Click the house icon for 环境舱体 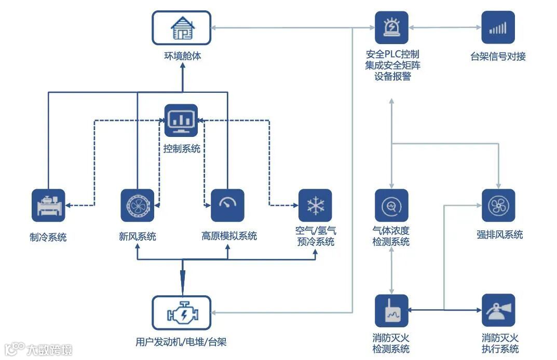[182, 28]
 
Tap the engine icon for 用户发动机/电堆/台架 [182, 312]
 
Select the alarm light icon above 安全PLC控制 [391, 28]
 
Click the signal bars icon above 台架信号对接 [498, 28]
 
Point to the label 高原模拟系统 [229, 236]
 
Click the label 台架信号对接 [498, 57]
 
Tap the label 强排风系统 [499, 234]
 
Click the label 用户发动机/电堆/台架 [181, 342]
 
